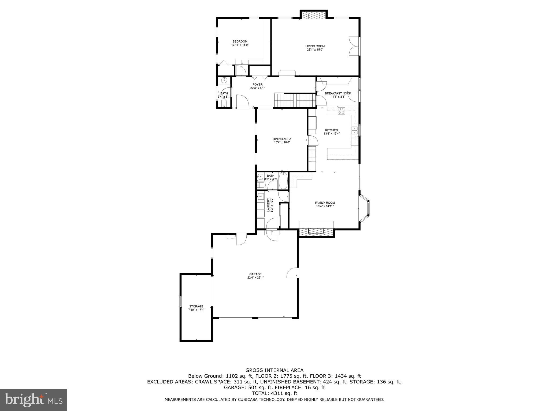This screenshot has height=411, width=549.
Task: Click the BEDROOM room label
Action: pos(240,41)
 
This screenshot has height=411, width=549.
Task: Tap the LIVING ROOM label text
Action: pos(315,46)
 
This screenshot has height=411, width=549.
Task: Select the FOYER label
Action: pos(257,85)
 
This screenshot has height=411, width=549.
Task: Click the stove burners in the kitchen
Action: pos(341,111)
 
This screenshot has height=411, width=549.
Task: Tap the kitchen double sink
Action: pos(355,131)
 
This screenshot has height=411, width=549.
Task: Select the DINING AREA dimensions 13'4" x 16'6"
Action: pos(282,142)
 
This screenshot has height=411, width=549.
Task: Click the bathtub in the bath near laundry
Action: pos(283,181)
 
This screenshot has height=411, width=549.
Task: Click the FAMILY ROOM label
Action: pos(325,203)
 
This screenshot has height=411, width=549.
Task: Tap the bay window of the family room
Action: pos(365,208)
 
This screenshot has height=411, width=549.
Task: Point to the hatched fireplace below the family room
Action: pos(317,232)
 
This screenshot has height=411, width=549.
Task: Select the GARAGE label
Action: pos(255,274)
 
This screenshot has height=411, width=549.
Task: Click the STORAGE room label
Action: pos(196,306)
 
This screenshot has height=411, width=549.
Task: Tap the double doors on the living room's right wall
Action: pos(354,46)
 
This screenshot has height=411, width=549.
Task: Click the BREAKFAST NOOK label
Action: pos(338,93)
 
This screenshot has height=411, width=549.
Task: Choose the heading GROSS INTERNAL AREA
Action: pos(274,370)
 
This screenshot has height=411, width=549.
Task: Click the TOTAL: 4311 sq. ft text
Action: pos(274,393)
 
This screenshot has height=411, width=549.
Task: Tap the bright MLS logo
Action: pos(34,400)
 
